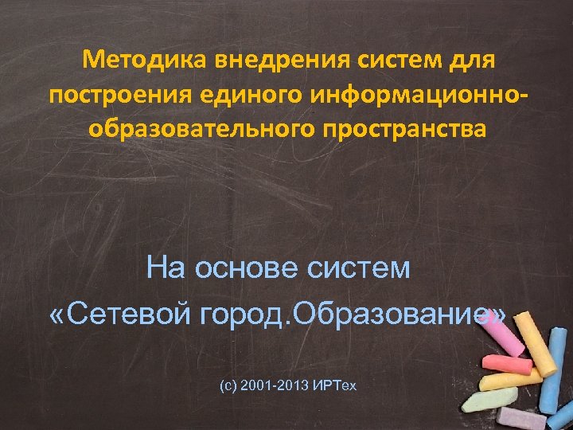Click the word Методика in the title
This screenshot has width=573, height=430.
(134, 59)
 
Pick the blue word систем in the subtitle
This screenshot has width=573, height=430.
(359, 268)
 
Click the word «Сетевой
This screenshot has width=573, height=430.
(114, 314)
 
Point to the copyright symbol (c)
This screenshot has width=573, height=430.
(227, 385)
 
